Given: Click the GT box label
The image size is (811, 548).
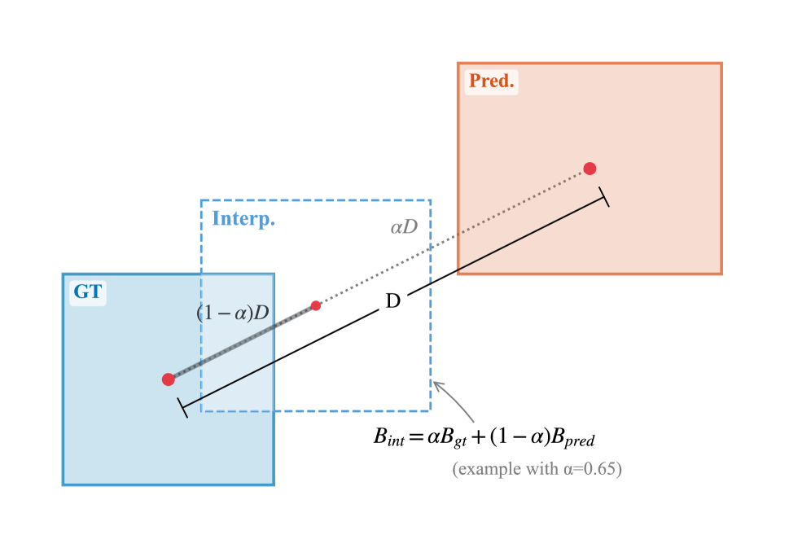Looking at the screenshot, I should click(88, 292).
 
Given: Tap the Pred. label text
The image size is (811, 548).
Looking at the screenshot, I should click(491, 81).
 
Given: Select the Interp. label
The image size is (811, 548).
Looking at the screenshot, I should click(243, 219).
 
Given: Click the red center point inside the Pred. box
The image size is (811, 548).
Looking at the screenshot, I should click(590, 169).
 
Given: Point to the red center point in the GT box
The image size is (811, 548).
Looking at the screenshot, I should click(169, 379).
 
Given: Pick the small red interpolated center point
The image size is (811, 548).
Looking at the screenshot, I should click(316, 305).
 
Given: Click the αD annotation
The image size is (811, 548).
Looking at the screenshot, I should click(404, 227).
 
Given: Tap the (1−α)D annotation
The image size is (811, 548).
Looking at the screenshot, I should click(233, 313).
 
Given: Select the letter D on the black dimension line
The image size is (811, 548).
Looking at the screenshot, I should click(392, 301).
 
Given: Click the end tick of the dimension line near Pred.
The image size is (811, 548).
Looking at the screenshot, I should click(603, 196).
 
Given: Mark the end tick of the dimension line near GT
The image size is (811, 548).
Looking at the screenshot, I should click(182, 407).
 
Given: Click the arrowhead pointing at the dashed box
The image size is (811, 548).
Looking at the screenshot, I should click(437, 385).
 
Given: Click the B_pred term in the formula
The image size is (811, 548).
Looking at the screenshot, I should click(573, 438).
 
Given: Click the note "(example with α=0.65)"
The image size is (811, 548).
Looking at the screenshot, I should click(537, 469).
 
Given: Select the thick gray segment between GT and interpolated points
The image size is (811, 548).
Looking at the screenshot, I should click(243, 342).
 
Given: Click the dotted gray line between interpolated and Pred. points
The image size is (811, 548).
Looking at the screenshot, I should click(453, 237).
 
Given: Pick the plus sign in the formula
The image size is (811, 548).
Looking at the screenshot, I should click(476, 438).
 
